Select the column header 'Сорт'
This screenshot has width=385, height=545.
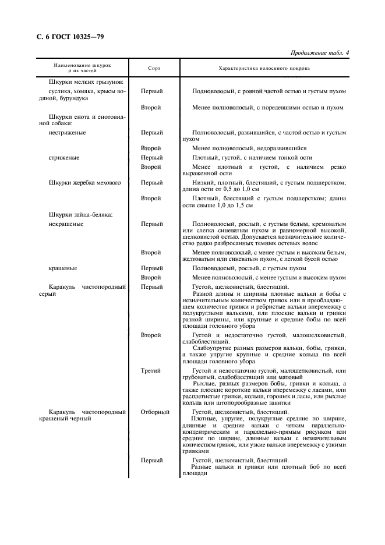point(154,68)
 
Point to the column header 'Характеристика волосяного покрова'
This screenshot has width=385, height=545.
point(264,68)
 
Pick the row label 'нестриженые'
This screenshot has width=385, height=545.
point(68,132)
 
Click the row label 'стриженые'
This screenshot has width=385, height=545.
point(64,157)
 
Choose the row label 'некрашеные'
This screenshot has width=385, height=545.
point(66,224)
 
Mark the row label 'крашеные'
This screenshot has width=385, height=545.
point(63,268)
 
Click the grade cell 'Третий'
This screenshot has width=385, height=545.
point(151,370)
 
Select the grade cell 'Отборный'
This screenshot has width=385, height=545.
point(155,412)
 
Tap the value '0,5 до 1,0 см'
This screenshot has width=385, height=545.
point(233,189)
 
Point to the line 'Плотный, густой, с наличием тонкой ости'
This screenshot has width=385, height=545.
point(252,157)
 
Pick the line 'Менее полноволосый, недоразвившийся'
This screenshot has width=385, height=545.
point(249,148)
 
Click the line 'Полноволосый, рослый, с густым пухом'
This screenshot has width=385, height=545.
point(249,268)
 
